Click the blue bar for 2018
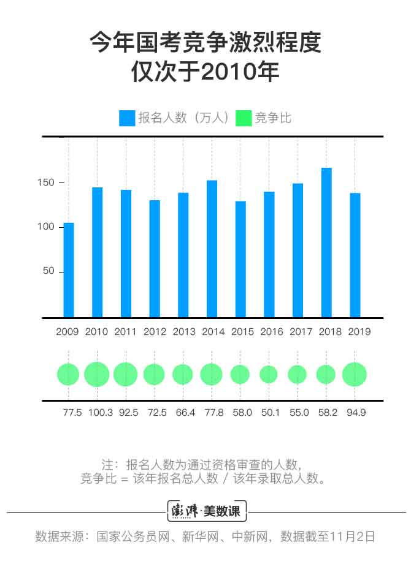tap(326, 242)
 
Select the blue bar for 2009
tap(69, 270)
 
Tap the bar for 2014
tap(212, 249)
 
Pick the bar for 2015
tap(240, 259)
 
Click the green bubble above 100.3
tap(97, 374)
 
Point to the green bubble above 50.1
tap(269, 374)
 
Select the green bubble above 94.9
tap(355, 374)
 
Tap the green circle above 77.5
tap(69, 374)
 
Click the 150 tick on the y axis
tap(48, 182)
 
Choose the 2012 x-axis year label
tap(155, 332)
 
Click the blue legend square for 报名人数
tap(127, 118)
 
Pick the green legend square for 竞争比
tap(244, 118)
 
